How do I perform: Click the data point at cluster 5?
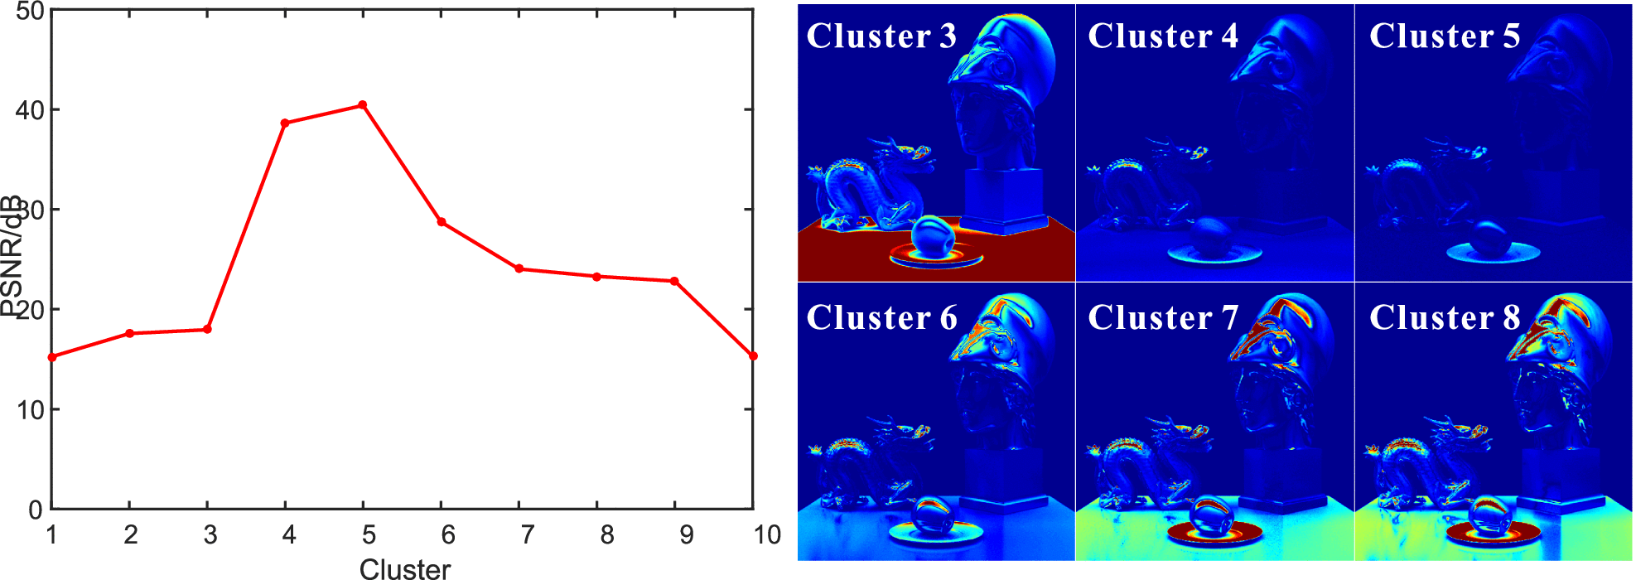pos(363,105)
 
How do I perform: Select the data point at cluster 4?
pos(285,123)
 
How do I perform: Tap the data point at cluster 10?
pos(753,356)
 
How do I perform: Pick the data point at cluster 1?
pos(52,357)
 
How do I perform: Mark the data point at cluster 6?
pos(442,222)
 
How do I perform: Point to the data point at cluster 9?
pos(674,282)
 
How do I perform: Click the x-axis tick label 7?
pos(527,535)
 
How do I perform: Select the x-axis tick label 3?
pos(210,535)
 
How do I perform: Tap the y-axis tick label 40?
pos(30,110)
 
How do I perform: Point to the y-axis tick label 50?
pos(30,12)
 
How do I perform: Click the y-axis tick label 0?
pos(36,510)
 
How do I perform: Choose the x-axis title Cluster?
pos(404,568)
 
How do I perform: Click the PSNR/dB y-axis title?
pos(11,257)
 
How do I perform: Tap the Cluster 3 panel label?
pos(881,36)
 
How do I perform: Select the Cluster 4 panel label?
pos(1163,36)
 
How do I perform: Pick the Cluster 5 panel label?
pos(1445,36)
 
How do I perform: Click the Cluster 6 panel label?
pos(881,318)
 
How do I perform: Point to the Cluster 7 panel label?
pos(1163,318)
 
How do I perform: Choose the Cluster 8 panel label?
pos(1445,318)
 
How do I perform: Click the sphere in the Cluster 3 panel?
pos(933,238)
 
